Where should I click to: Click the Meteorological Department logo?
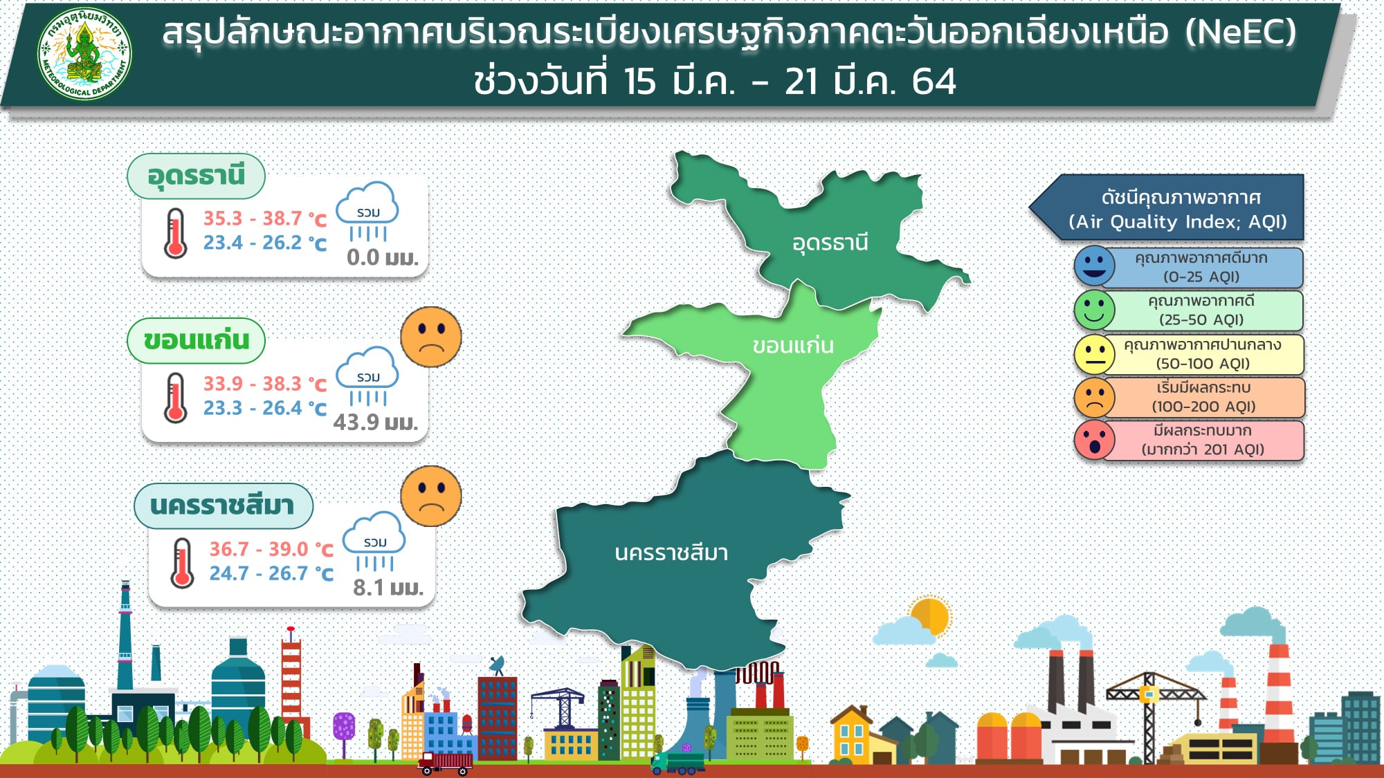[84, 54]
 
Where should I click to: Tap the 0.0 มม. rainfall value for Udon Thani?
[383, 257]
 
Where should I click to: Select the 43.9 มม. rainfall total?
[376, 422]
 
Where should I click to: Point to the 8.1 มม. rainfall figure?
[388, 587]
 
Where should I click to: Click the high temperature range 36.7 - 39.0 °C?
[271, 549]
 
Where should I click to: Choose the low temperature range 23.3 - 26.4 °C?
[264, 408]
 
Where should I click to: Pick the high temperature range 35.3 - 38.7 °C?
[264, 219]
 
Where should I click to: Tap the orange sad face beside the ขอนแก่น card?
[431, 337]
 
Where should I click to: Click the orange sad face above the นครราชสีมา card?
[431, 496]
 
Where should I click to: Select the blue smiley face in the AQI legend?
[1094, 266]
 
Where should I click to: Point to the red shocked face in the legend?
[1094, 440]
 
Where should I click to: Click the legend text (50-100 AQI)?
[1203, 364]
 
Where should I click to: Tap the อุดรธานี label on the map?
[830, 243]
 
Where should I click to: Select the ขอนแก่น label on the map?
[793, 344]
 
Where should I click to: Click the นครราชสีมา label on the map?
[671, 553]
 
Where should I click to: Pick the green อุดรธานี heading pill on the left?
[196, 176]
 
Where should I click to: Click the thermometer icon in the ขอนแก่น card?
[176, 398]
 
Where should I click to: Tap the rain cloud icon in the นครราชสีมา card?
[375, 541]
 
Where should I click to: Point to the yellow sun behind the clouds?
[930, 615]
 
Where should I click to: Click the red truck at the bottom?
[445, 763]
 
